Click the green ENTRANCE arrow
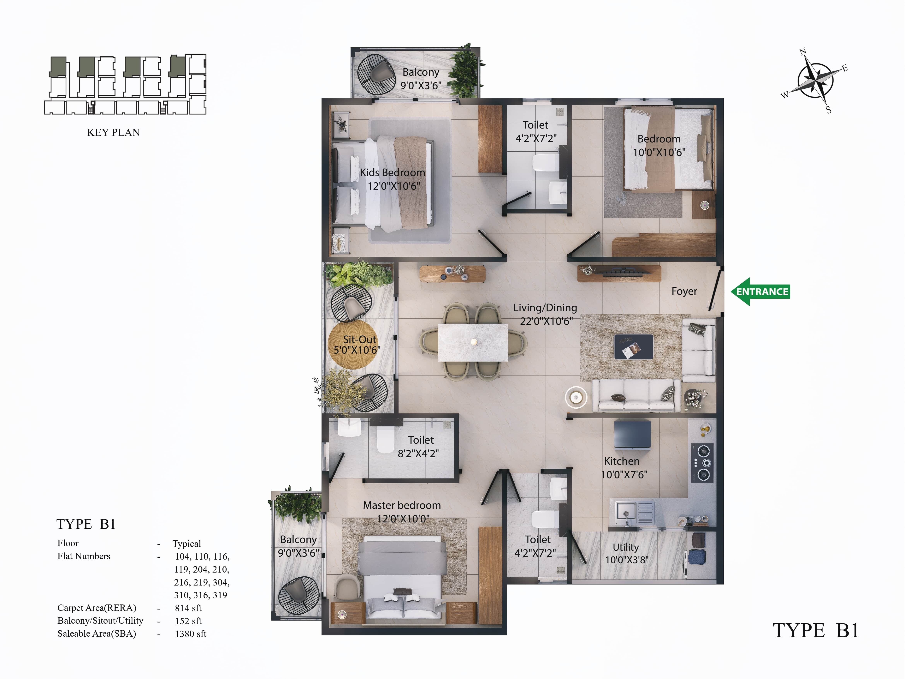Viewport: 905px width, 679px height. point(760,292)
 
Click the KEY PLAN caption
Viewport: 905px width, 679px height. point(113,132)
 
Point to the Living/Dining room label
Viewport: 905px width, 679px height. point(545,308)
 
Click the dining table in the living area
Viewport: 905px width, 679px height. point(473,342)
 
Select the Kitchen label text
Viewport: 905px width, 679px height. point(621,461)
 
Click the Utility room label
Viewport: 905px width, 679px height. point(626,547)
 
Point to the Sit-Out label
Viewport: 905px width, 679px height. point(359,339)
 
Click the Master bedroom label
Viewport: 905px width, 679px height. point(402,505)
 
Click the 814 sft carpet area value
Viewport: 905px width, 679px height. point(188,608)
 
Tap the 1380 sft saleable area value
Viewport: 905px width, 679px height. point(191,634)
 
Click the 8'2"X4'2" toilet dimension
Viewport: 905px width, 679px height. point(418,454)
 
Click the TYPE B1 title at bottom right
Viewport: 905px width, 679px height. point(815,631)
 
